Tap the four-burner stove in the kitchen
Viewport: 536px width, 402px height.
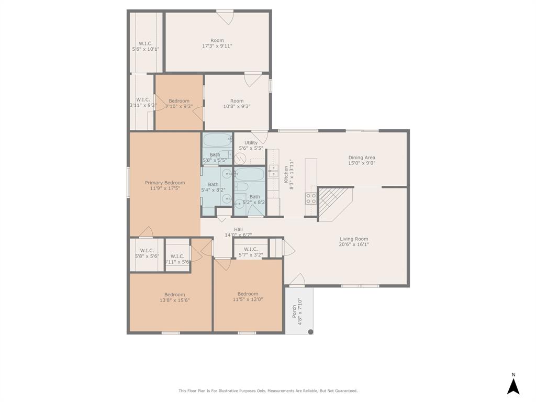(x=311, y=198)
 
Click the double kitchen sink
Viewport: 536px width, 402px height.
(x=273, y=170)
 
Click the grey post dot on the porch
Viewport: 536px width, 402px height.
(x=310, y=332)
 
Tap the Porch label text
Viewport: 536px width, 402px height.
(x=294, y=312)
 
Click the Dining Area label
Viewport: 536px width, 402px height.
(x=362, y=158)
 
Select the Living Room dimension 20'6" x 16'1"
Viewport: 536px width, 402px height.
(x=354, y=244)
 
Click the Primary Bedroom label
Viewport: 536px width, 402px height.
(x=165, y=183)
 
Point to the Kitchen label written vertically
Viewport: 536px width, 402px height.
(x=286, y=174)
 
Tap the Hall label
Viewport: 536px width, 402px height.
(x=238, y=229)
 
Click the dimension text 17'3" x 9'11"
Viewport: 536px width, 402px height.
(x=217, y=46)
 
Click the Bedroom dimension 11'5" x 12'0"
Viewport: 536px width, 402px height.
(x=248, y=300)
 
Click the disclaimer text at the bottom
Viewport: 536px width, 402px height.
(x=268, y=390)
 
